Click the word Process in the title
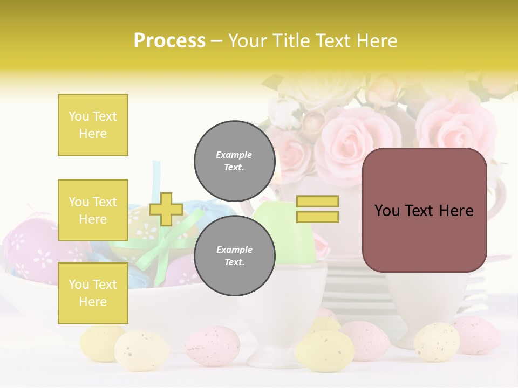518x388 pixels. pyautogui.click(x=169, y=41)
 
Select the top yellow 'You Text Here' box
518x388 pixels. pyautogui.click(x=93, y=125)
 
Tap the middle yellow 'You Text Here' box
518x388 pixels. pyautogui.click(x=93, y=210)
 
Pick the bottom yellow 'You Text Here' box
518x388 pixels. pyautogui.click(x=93, y=293)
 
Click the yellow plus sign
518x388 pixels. pyautogui.click(x=166, y=209)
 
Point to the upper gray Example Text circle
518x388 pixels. pyautogui.click(x=234, y=161)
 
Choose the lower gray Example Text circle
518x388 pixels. pyautogui.click(x=234, y=256)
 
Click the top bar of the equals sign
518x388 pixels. pyautogui.click(x=317, y=202)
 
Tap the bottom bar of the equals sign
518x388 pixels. pyautogui.click(x=317, y=217)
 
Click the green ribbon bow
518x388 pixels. pyautogui.click(x=162, y=245)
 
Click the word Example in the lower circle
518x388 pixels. pyautogui.click(x=234, y=250)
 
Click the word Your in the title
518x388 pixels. pyautogui.click(x=248, y=41)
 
